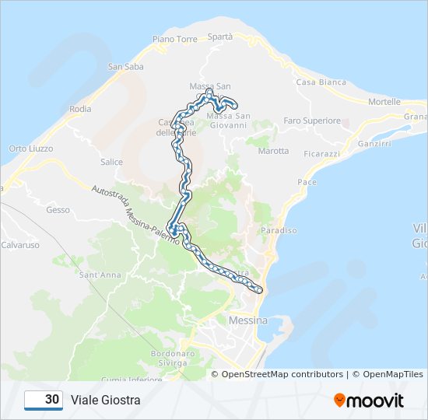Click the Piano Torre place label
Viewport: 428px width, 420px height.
(x=175, y=39)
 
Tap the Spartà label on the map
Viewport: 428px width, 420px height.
(x=220, y=37)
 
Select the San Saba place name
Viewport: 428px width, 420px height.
(x=126, y=67)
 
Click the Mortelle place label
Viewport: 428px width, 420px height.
(x=384, y=102)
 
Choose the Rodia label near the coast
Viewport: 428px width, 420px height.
(x=80, y=109)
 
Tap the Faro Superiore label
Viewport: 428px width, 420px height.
(x=312, y=121)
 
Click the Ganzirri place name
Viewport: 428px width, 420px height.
(x=374, y=144)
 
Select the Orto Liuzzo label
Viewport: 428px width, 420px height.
(x=29, y=149)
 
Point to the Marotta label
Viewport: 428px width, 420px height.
(x=272, y=151)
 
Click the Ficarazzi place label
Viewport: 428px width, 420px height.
(x=322, y=154)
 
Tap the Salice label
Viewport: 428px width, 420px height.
(x=111, y=162)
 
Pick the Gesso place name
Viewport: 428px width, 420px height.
(x=58, y=210)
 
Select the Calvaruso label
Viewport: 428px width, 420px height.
(x=19, y=245)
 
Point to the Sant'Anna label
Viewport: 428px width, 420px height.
(x=100, y=275)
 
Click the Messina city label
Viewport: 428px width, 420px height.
(x=248, y=320)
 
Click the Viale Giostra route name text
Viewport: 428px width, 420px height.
(x=106, y=401)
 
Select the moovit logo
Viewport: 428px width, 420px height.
(x=369, y=401)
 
